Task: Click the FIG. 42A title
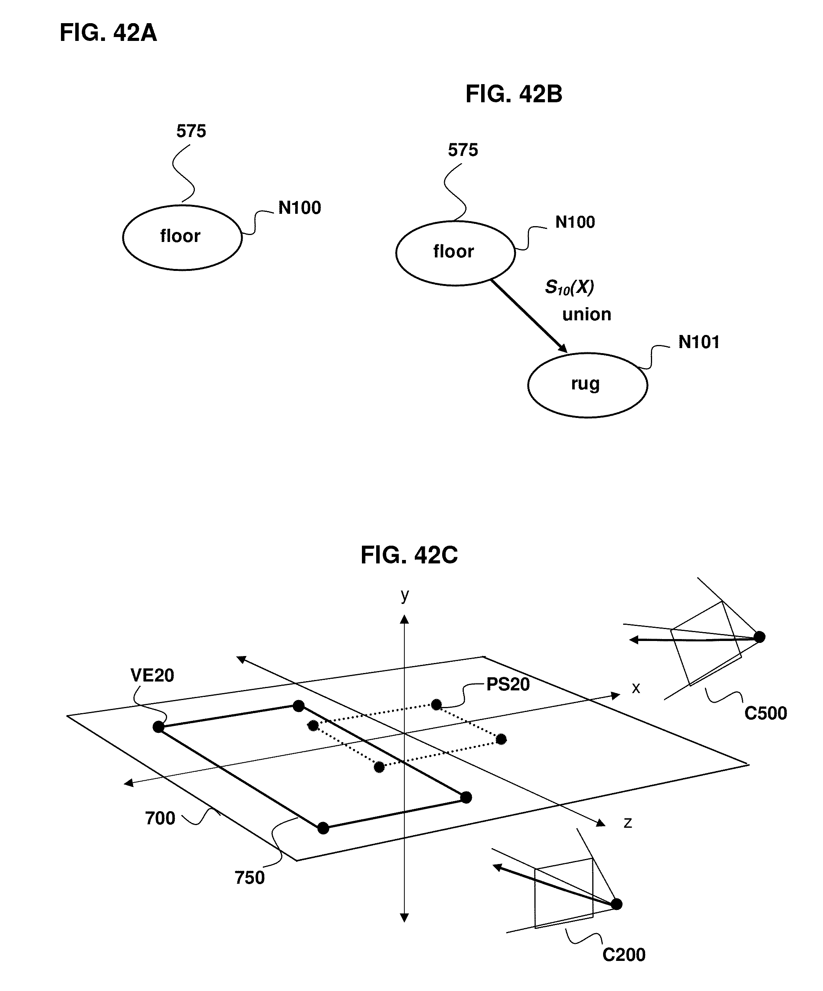coord(108,33)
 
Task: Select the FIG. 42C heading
coord(409,555)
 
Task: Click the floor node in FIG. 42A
coord(182,237)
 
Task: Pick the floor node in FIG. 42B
coord(455,252)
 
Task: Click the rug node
coord(587,385)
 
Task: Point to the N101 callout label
coord(698,342)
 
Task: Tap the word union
coord(586,314)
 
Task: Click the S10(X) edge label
coord(569,287)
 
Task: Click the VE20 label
coord(152,675)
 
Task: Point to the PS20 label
coord(508,684)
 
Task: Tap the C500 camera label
coord(765,713)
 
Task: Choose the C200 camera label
coord(624,955)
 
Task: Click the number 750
coord(250,878)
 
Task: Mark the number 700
coord(160,818)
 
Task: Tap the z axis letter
coord(627,822)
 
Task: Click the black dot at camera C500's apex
coord(759,637)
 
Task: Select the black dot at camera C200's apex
coord(616,904)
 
